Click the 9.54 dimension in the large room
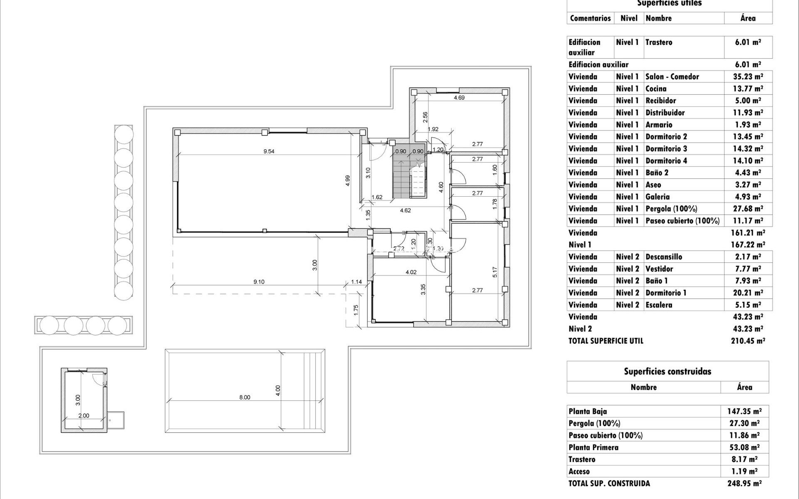[x=269, y=151]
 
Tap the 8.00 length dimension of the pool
[x=245, y=397]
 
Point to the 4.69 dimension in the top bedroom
[x=459, y=98]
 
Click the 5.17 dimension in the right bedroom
[x=495, y=272]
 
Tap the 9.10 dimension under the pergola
[x=259, y=282]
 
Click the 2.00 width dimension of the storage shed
[x=84, y=415]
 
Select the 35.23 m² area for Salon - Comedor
[x=748, y=77]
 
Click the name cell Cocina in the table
[x=656, y=89]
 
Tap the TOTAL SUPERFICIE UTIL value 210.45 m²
[x=748, y=341]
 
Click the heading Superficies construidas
[x=667, y=371]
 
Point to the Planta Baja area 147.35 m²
[x=744, y=411]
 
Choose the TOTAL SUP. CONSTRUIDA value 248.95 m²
[x=744, y=483]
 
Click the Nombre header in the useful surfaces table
[x=658, y=18]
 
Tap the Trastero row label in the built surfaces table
[x=582, y=459]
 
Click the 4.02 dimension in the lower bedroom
[x=411, y=272]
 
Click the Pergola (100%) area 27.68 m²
[x=748, y=209]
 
